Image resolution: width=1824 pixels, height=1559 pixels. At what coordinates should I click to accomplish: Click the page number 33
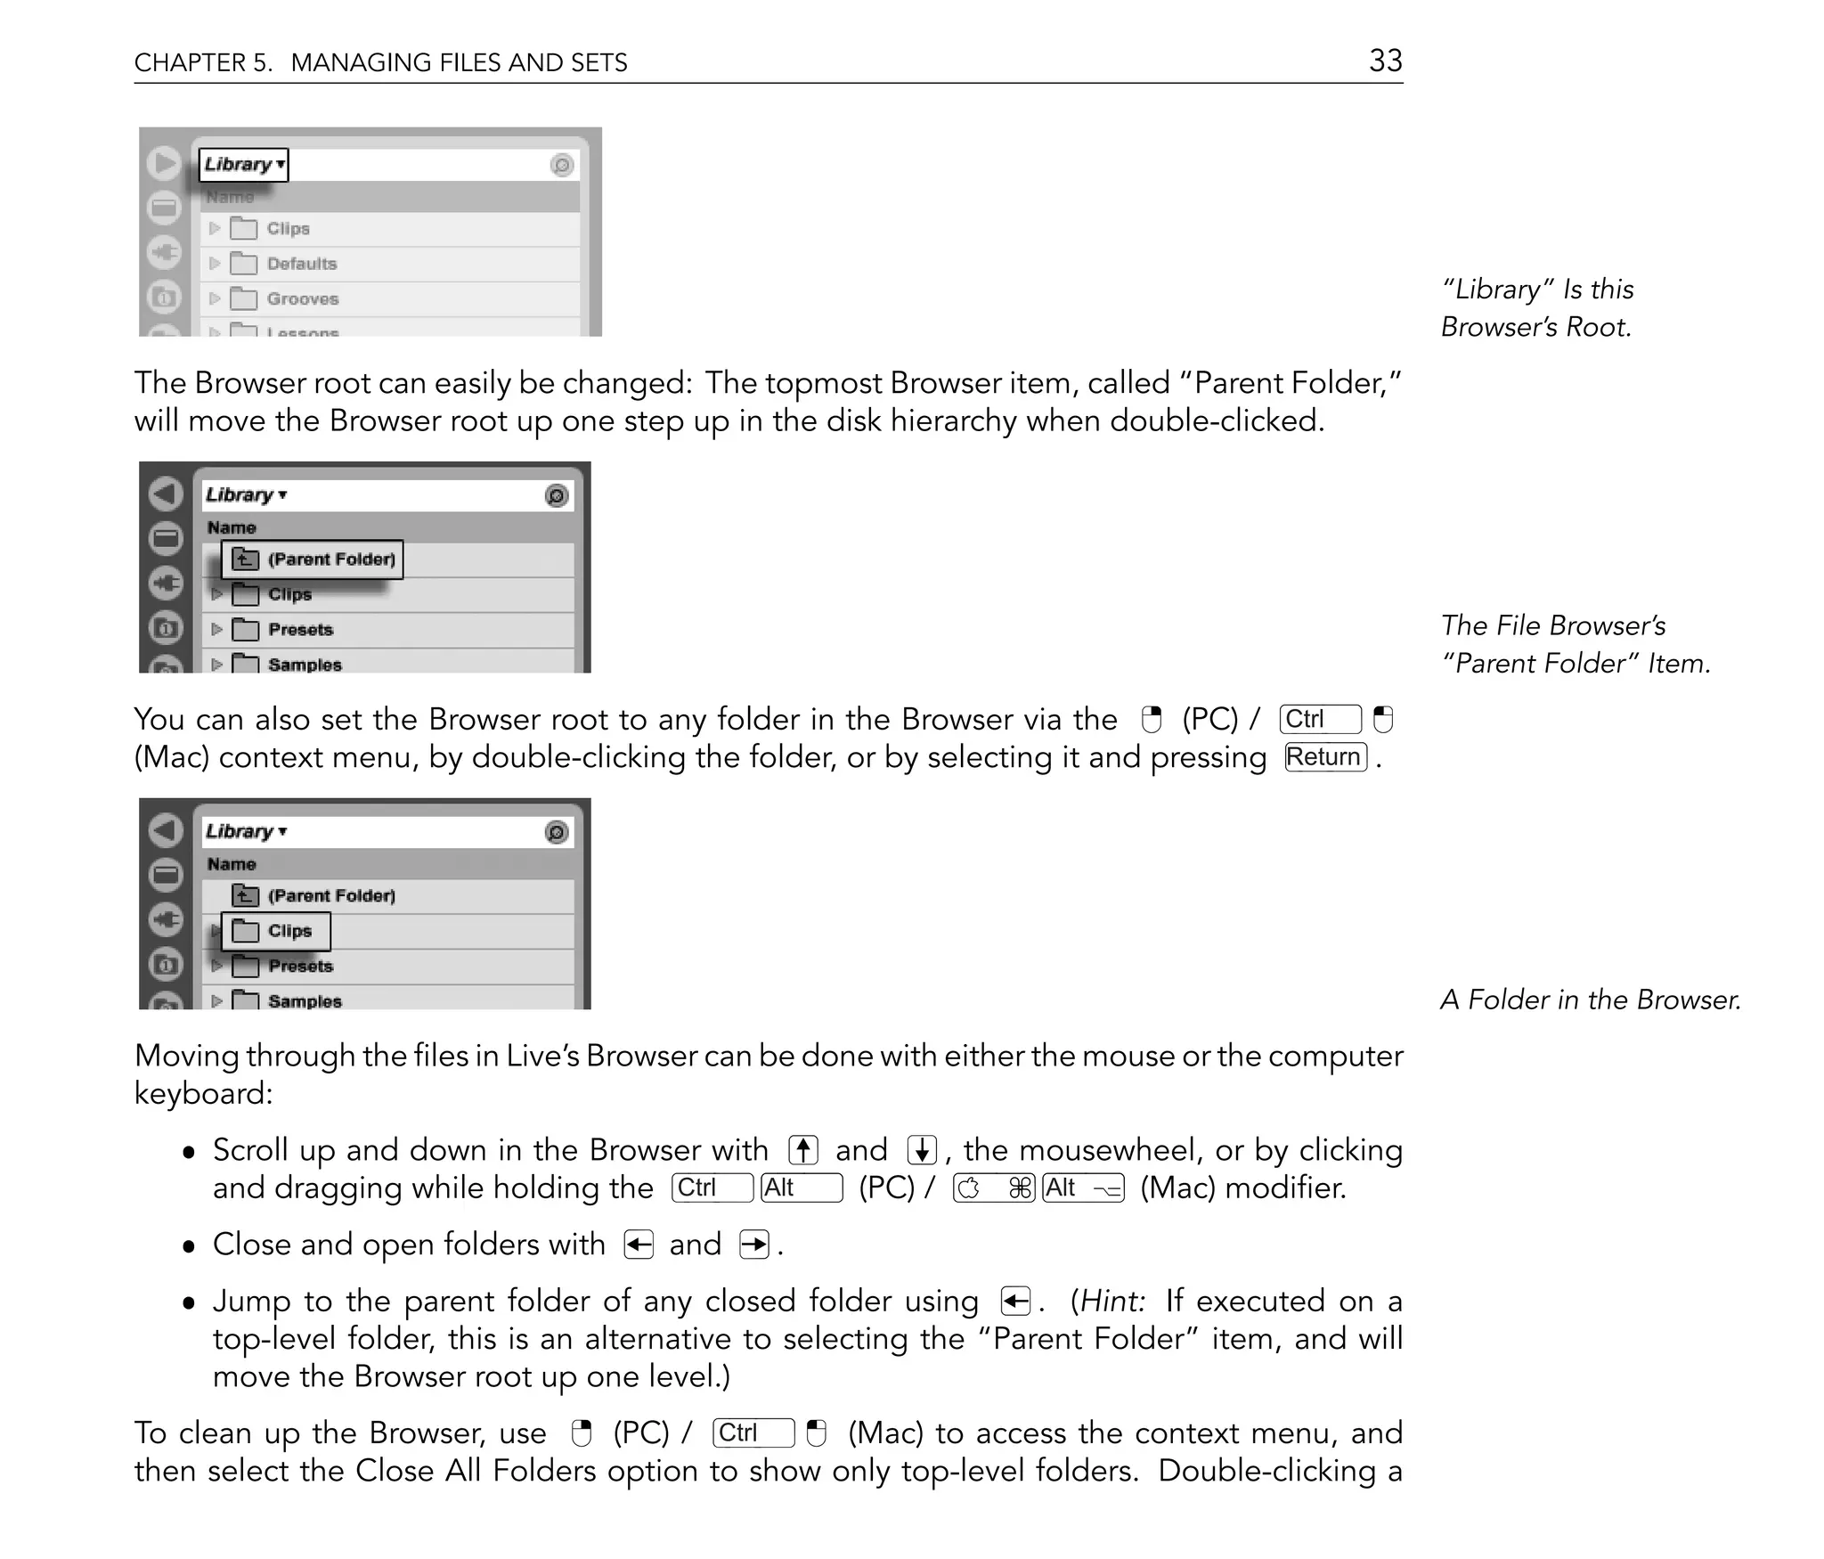click(x=1385, y=61)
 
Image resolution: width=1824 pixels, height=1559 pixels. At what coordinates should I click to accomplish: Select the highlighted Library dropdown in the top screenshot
click(x=243, y=165)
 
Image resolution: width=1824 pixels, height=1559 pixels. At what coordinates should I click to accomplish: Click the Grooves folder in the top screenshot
click(x=302, y=299)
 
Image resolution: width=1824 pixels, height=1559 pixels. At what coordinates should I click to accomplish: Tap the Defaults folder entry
click(x=301, y=264)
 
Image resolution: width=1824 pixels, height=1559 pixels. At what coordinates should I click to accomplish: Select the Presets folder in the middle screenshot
click(x=300, y=630)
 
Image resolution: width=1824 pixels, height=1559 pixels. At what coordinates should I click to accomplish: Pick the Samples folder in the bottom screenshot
click(x=304, y=1001)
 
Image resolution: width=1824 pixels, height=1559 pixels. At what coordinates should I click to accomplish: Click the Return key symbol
click(x=1325, y=757)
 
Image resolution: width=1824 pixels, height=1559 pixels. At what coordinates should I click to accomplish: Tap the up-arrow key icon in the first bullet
click(x=803, y=1150)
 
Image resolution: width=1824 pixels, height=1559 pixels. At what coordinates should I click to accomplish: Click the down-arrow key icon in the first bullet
click(x=922, y=1150)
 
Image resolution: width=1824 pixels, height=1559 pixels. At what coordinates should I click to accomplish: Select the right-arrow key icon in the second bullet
click(x=754, y=1245)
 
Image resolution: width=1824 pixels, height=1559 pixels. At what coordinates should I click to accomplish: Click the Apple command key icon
click(x=994, y=1188)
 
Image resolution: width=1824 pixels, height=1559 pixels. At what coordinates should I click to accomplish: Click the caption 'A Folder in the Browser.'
click(x=1590, y=1000)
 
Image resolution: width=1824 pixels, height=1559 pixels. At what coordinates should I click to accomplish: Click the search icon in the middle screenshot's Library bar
click(x=557, y=496)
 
